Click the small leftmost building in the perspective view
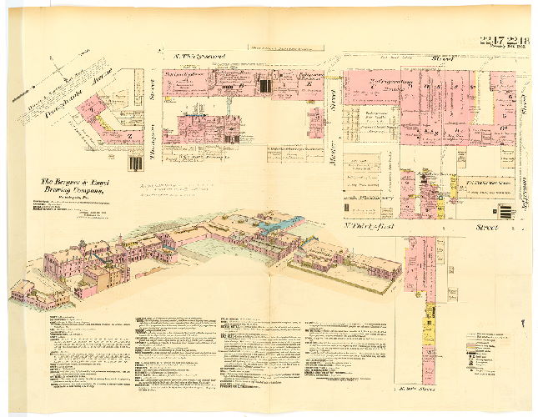pos(23,289)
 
